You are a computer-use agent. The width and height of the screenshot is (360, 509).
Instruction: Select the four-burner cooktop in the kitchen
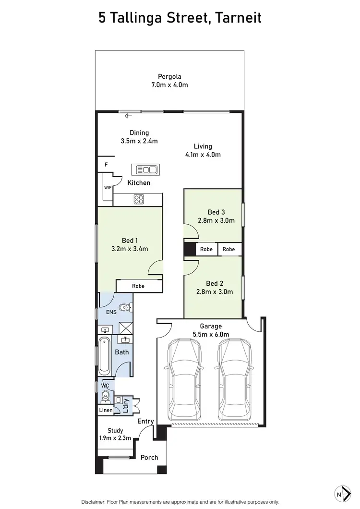pyautogui.click(x=139, y=199)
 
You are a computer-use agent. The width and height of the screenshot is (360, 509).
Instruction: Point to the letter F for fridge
pyautogui.click(x=106, y=165)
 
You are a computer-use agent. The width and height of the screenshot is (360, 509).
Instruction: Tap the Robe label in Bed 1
pyautogui.click(x=138, y=286)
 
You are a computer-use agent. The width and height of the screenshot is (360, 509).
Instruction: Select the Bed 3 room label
pyautogui.click(x=216, y=212)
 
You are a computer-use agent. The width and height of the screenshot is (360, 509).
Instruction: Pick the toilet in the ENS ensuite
pyautogui.click(x=124, y=307)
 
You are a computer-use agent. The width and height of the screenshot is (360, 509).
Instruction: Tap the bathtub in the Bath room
pyautogui.click(x=104, y=356)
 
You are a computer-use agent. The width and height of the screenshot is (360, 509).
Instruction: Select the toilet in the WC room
pyautogui.click(x=106, y=397)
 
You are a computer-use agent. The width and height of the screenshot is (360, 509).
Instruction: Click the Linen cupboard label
pyautogui.click(x=106, y=410)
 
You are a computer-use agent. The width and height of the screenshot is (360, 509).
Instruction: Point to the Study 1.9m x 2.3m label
pyautogui.click(x=115, y=434)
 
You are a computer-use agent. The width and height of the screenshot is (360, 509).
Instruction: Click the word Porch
pyautogui.click(x=149, y=457)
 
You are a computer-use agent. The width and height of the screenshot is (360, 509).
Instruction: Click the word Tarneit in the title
pyautogui.click(x=238, y=18)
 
